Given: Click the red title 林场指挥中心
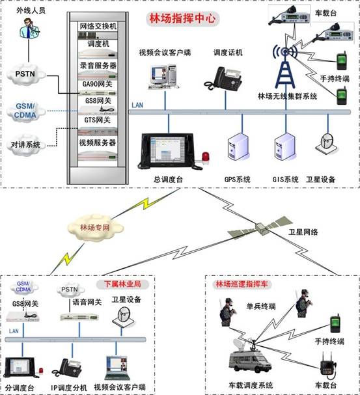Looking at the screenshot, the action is [182, 18].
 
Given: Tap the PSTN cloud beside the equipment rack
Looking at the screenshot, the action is [25, 74].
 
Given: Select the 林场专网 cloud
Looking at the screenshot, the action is [95, 228].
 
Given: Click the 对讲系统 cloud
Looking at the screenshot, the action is [25, 144].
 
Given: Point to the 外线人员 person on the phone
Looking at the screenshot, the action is [29, 28].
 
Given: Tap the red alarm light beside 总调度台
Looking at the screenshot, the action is [206, 158].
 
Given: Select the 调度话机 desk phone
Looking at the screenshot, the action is [223, 78].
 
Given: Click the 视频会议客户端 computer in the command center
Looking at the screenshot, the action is [163, 77].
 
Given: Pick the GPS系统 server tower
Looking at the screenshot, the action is [238, 146].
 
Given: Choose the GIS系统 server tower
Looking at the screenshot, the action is [284, 146].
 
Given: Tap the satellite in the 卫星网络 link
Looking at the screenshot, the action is [260, 228].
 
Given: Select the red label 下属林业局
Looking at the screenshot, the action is [122, 284].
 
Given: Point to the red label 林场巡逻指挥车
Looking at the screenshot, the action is [242, 284].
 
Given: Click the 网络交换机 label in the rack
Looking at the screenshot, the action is [98, 26].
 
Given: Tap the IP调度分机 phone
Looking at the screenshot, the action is [67, 368].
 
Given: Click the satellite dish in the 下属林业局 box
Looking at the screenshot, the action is [124, 317].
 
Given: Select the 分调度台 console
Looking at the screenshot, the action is [22, 368].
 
